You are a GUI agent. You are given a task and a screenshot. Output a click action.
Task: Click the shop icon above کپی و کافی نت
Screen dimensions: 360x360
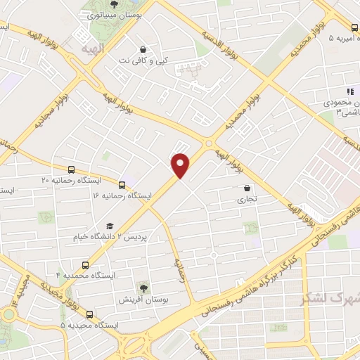tap(143, 50)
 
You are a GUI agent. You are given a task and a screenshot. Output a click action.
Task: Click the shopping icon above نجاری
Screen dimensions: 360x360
tap(247, 188)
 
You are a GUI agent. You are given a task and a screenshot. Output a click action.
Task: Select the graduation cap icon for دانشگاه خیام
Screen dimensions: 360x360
tap(109, 226)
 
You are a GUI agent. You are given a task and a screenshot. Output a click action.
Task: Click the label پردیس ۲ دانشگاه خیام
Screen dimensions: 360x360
tap(109, 237)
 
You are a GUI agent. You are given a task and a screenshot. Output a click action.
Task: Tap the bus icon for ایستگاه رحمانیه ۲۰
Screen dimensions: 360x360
tap(71, 169)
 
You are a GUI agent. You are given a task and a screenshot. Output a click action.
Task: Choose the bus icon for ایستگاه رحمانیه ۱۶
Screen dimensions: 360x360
tap(122, 185)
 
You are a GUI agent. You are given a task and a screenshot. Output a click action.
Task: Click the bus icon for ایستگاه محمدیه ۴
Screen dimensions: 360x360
tap(85, 265)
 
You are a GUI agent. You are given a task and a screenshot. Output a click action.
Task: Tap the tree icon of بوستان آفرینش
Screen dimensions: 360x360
tap(143, 288)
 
